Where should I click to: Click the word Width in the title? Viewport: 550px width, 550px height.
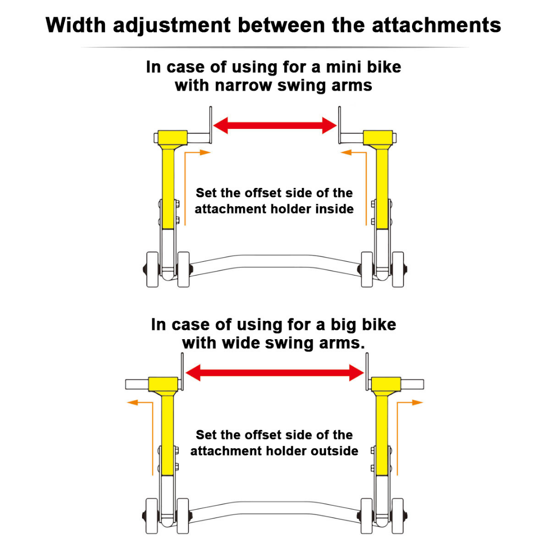[x=75, y=25]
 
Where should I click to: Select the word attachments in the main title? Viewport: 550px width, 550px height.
[x=436, y=25]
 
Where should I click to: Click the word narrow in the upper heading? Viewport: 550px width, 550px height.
[x=243, y=85]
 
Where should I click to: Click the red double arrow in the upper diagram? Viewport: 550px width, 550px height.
[x=275, y=126]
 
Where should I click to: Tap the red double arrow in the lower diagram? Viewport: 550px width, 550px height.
[x=274, y=372]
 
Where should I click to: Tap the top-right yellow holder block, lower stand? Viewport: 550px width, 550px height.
[x=386, y=384]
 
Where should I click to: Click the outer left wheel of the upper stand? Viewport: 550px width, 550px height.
[x=152, y=269]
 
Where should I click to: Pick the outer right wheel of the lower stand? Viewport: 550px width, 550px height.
[x=397, y=516]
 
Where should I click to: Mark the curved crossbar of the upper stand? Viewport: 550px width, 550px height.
[x=275, y=261]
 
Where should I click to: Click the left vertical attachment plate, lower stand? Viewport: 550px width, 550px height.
[x=182, y=371]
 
